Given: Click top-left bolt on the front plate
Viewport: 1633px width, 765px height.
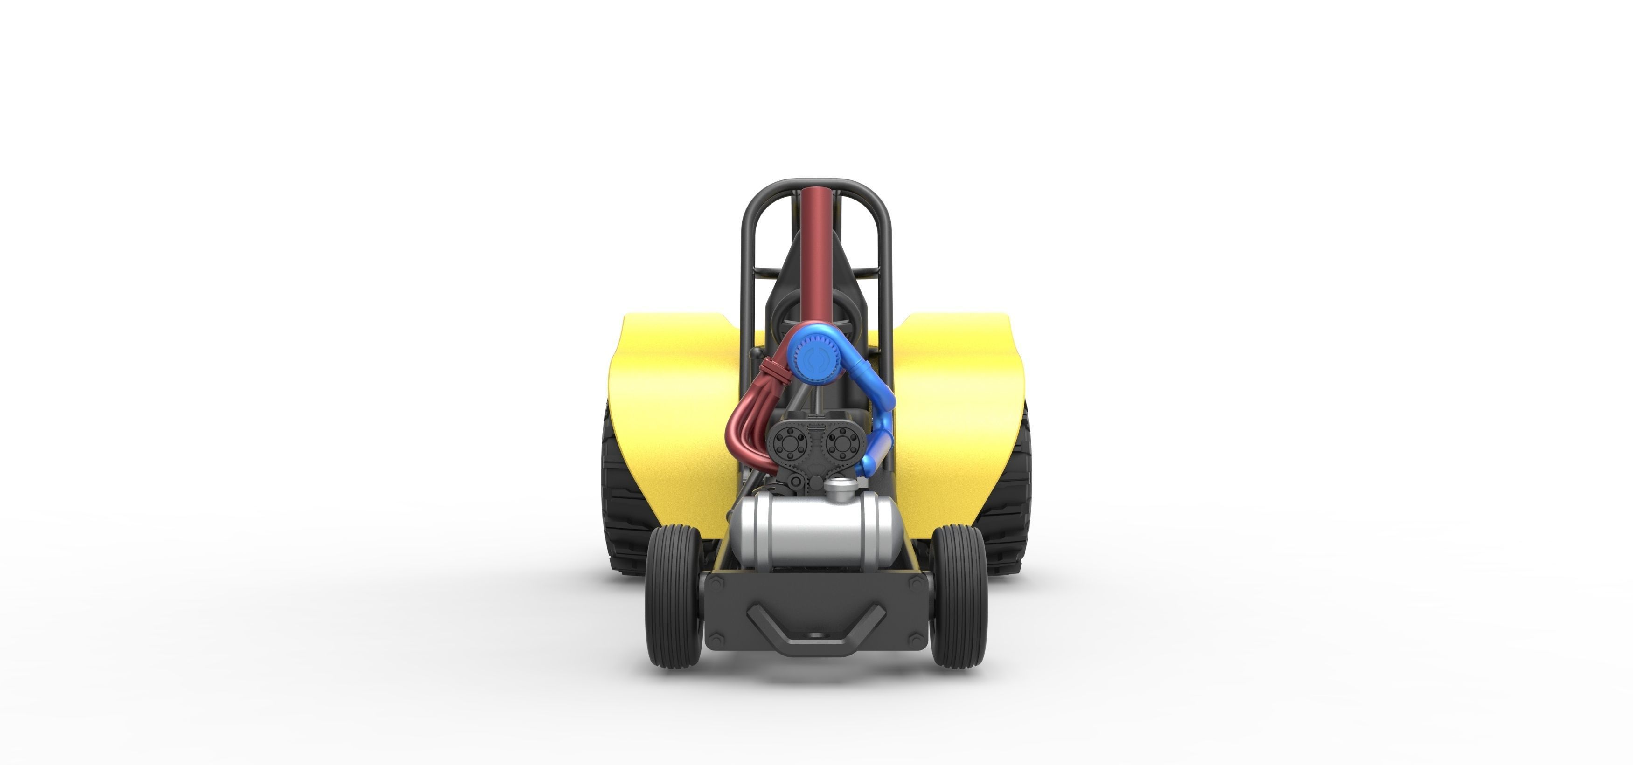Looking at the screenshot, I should pos(716,584).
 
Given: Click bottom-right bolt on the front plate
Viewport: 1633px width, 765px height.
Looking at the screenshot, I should pos(916,641).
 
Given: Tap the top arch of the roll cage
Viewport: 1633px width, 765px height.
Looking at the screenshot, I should pos(816,185).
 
